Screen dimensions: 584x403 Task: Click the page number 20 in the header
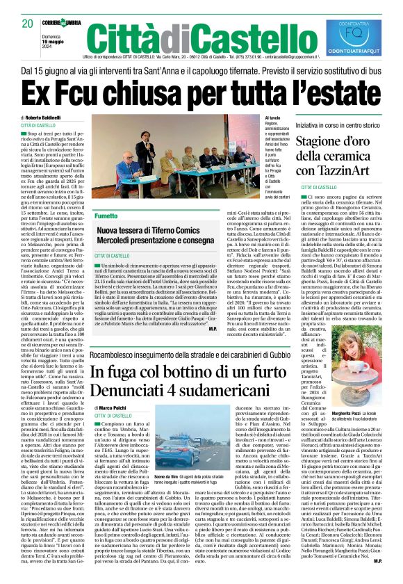tap(27, 23)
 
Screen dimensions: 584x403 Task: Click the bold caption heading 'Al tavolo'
tap(272, 119)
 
